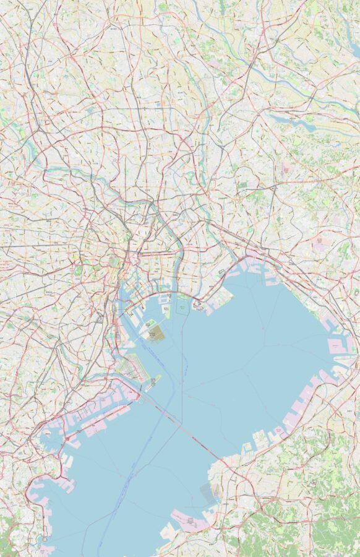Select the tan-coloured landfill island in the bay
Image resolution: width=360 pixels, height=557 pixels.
click(156, 334)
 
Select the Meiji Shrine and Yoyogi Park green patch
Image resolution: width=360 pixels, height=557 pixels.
click(79, 270)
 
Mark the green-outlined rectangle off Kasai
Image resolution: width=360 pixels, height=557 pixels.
click(182, 304)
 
